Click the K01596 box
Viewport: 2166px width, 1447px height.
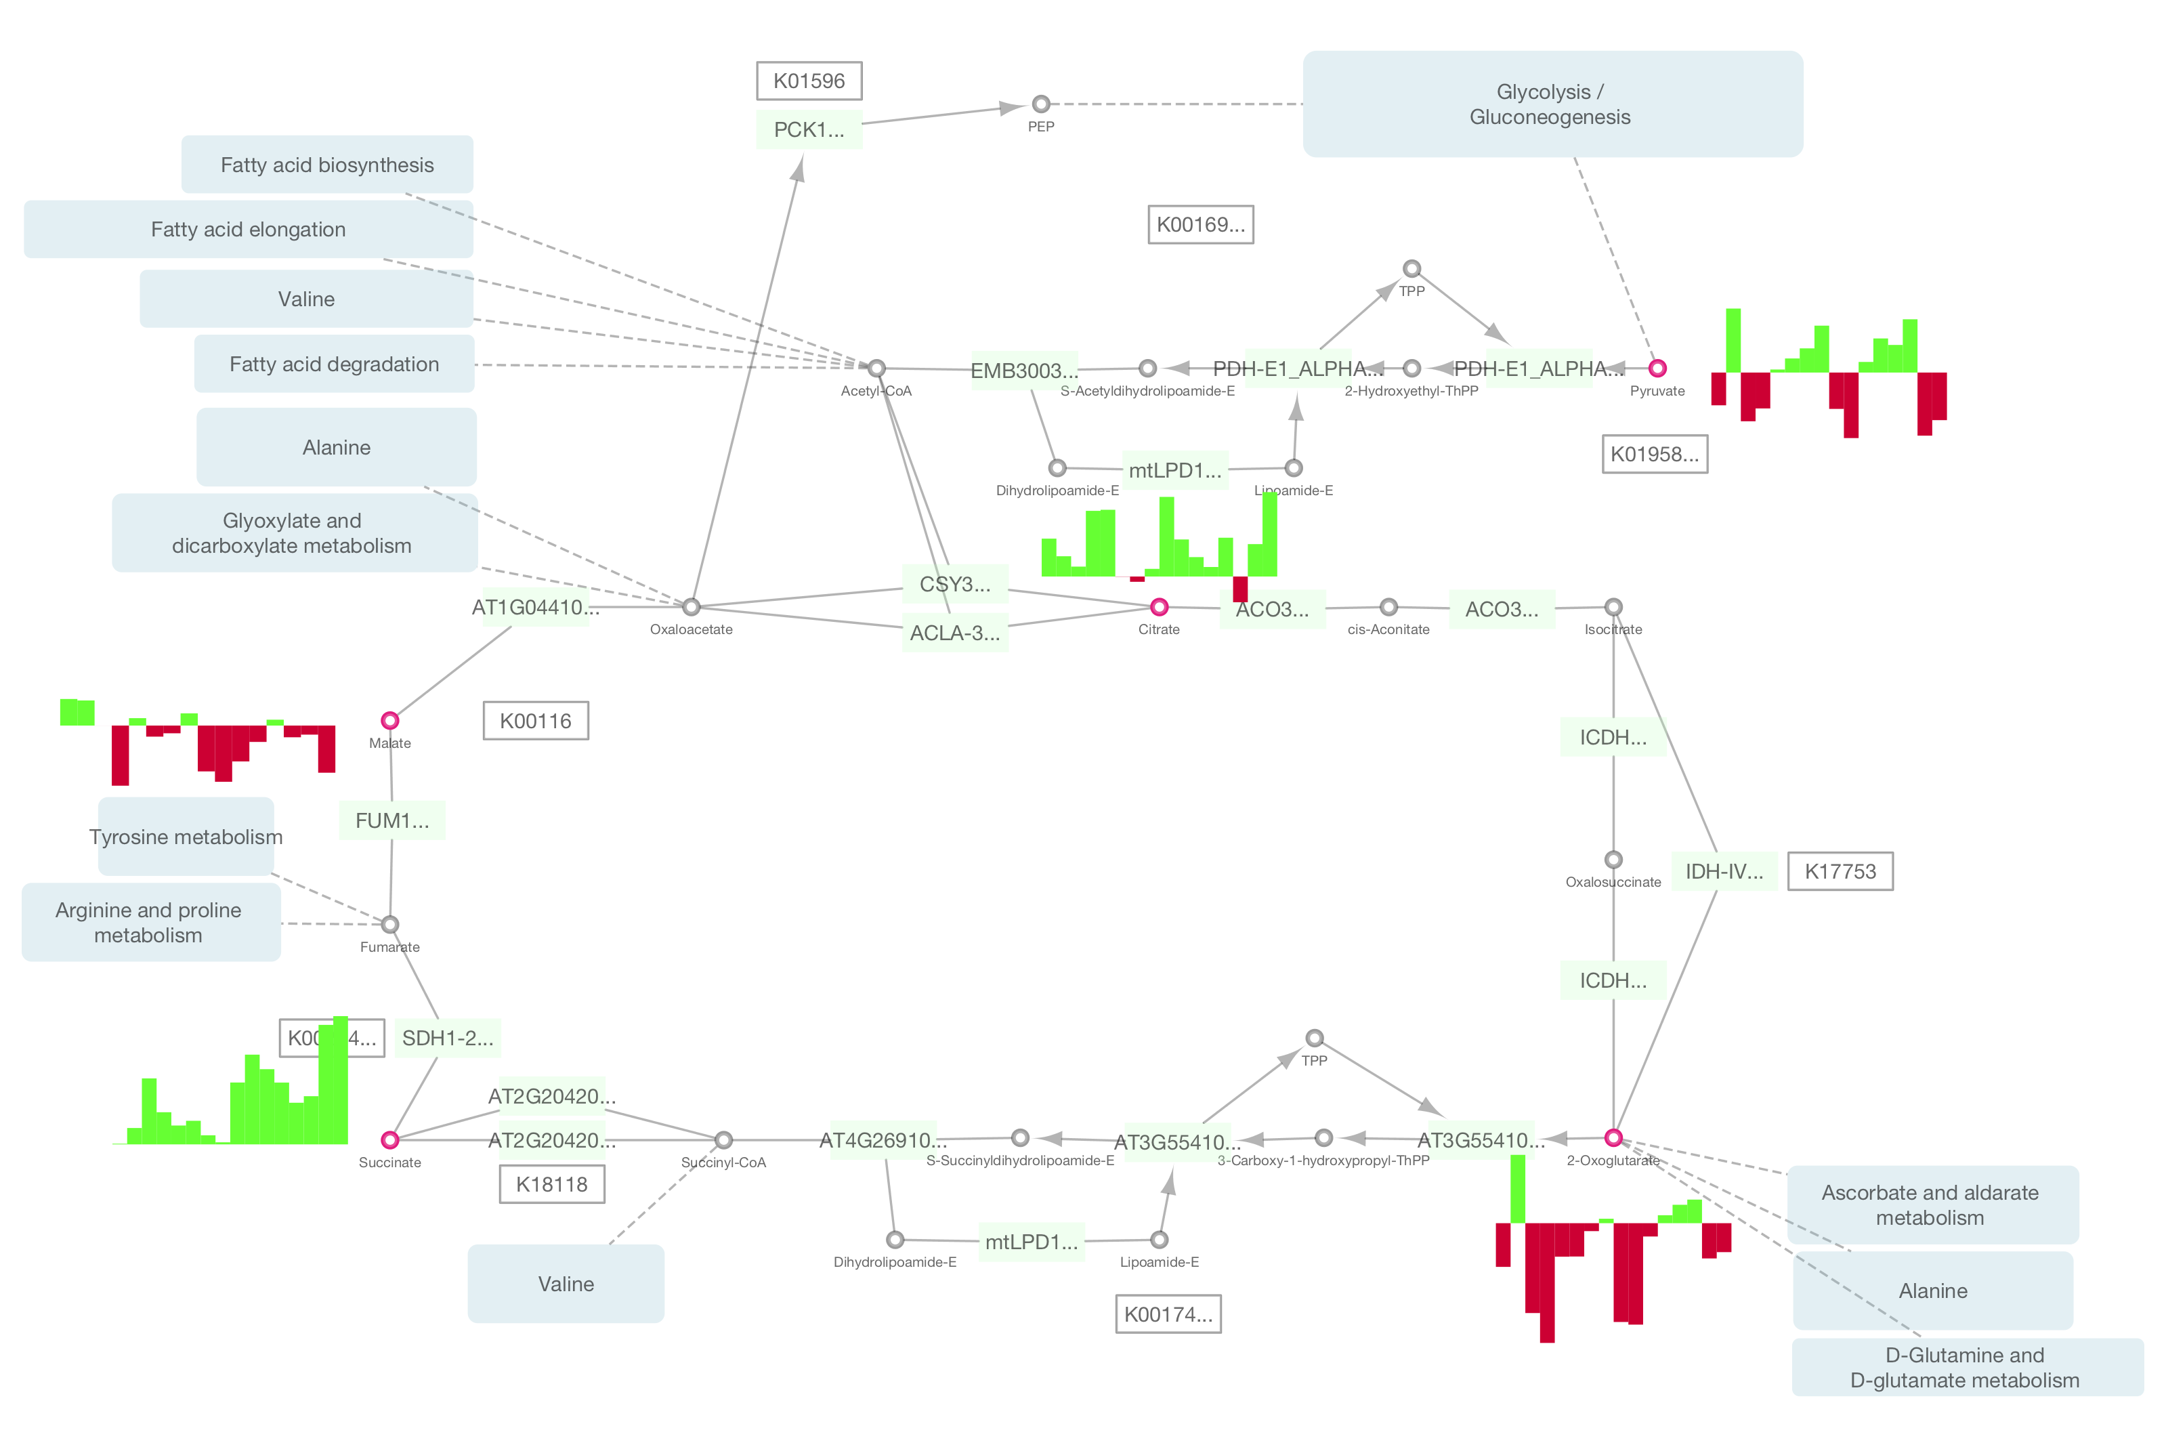point(809,81)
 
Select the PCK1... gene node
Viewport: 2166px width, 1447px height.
point(809,130)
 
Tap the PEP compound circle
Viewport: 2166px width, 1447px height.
point(1040,104)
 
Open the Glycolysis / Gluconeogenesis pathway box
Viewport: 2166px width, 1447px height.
point(1552,104)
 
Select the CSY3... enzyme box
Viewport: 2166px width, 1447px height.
point(955,584)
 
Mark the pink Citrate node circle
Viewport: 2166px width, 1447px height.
point(1159,606)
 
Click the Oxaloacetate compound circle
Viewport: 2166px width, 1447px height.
point(691,606)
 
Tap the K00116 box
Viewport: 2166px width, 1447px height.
point(536,721)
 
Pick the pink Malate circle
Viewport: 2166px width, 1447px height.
point(390,720)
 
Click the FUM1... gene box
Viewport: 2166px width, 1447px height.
point(392,820)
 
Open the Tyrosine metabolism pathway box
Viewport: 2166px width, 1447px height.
point(186,836)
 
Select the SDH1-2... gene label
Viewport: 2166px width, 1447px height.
point(448,1039)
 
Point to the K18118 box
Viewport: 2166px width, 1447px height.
point(551,1184)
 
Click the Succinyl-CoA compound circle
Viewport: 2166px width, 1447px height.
point(723,1139)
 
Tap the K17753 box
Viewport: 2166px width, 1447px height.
point(1840,871)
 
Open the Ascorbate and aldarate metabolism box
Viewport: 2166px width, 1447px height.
point(1931,1204)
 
